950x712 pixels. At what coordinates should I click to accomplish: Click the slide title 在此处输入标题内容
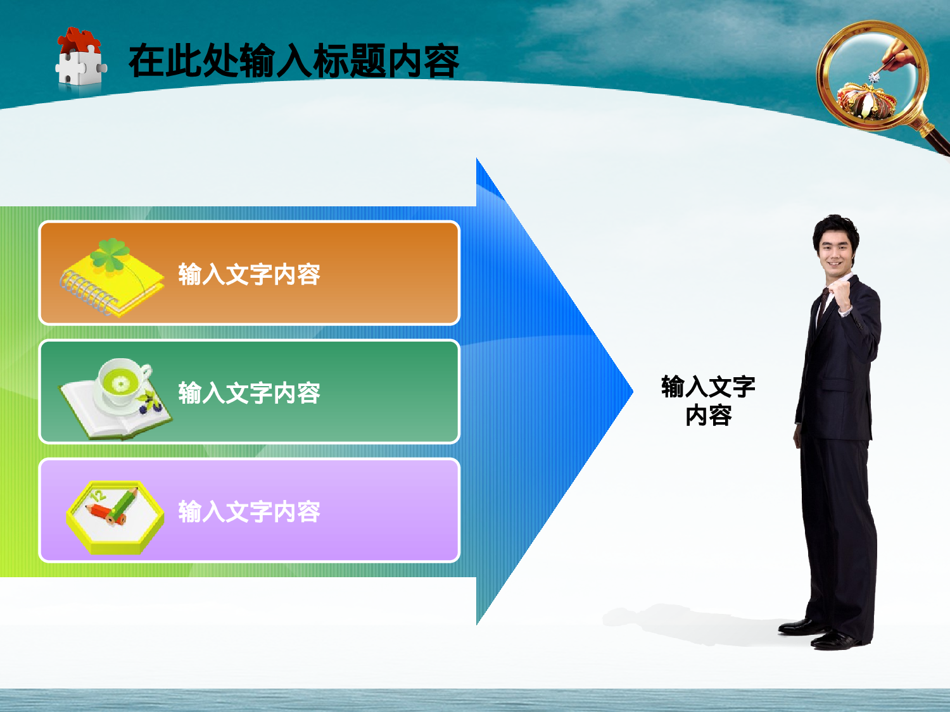tap(293, 61)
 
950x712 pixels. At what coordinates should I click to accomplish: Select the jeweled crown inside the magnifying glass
tap(866, 101)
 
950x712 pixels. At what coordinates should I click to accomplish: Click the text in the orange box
tap(249, 275)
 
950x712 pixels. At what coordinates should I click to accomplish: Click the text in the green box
tap(249, 393)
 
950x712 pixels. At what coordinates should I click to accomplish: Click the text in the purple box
tap(249, 511)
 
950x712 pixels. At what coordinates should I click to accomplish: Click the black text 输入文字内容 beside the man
tap(708, 401)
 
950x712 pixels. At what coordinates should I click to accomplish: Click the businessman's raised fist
tap(840, 292)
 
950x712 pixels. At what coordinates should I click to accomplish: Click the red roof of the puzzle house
tap(79, 39)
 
